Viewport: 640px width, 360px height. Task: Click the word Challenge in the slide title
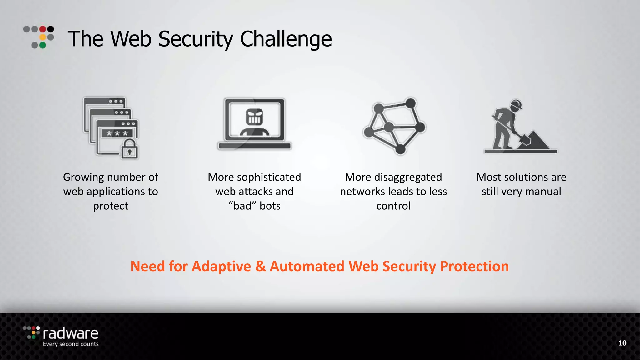286,39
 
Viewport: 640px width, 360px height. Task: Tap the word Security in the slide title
196,39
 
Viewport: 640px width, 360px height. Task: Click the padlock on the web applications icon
129,149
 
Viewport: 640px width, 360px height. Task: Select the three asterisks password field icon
117,133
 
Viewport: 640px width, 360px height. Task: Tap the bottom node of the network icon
400,149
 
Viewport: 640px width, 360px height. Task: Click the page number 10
622,343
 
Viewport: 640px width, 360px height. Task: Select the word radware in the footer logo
71,334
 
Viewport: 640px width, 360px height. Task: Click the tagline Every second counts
71,344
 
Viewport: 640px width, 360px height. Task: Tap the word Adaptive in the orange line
221,267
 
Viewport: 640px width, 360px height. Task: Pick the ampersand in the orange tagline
260,267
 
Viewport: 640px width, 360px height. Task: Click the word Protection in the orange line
474,267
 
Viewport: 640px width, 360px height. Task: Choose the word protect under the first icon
111,206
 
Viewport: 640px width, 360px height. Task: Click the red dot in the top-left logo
43,29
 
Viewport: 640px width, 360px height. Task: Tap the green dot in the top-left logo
43,45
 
